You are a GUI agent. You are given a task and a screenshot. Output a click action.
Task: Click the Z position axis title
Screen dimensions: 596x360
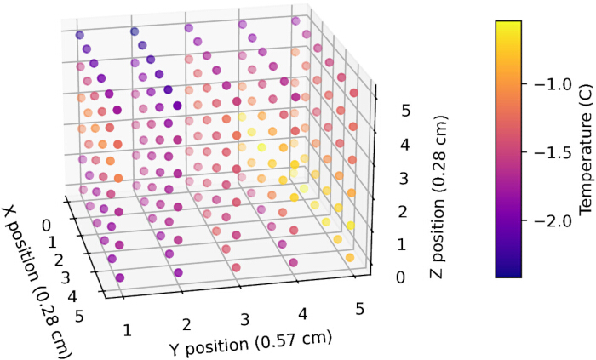coord(438,197)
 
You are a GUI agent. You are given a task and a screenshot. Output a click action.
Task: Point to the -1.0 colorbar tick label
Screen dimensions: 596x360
coord(549,84)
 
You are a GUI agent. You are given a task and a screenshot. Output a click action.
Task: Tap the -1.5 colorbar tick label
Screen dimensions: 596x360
coord(549,152)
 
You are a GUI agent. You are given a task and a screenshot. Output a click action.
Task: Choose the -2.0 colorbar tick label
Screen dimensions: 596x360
coord(549,221)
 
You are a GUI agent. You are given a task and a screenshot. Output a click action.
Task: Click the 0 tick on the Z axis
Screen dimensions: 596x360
coord(401,277)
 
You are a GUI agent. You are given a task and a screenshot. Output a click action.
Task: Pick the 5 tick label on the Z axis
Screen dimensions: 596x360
coord(405,111)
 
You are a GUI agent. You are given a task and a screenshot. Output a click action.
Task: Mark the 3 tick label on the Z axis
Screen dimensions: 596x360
coord(404,179)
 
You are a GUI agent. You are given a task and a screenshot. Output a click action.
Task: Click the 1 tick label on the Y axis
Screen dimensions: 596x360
coord(127,330)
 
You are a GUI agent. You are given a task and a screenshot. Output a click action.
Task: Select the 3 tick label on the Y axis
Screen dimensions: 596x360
coord(245,319)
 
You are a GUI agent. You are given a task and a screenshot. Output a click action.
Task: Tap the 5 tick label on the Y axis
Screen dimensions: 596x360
coord(359,310)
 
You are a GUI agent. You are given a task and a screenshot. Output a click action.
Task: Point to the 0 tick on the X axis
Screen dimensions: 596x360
coord(46,226)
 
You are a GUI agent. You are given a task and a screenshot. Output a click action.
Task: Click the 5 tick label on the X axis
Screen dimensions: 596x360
coord(79,316)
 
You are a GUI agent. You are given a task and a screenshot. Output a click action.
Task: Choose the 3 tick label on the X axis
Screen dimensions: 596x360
coord(66,279)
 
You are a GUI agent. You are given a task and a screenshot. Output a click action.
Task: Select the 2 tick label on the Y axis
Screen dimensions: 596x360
coord(186,325)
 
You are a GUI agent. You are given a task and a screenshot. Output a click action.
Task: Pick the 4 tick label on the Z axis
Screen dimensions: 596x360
coord(404,145)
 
